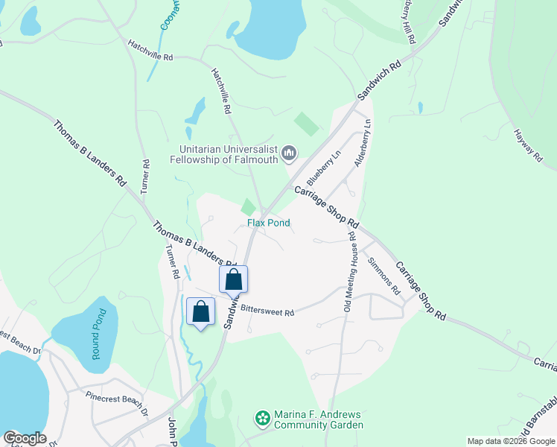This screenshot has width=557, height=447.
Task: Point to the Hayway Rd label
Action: point(527,145)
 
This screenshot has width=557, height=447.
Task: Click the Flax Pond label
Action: point(269,223)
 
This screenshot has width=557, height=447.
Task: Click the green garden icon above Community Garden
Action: point(262,419)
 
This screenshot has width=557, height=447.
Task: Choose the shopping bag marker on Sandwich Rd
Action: point(233,280)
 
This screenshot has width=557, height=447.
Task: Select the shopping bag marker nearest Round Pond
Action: point(200,311)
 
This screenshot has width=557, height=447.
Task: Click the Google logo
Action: point(25,438)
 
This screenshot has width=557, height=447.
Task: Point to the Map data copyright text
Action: point(511,441)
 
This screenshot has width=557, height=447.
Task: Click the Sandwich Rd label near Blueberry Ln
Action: point(379,82)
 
